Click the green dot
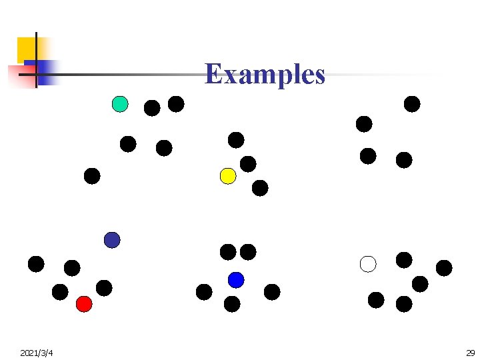(120, 104)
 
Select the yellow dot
(228, 176)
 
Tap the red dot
(84, 304)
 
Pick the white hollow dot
(368, 264)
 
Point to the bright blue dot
(236, 280)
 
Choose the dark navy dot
(112, 240)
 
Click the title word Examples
(265, 74)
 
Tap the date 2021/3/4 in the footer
(37, 352)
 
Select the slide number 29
(469, 352)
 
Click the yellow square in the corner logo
(27, 48)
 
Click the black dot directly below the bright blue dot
(232, 304)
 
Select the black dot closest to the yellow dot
(248, 164)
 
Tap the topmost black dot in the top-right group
(412, 104)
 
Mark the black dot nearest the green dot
(152, 108)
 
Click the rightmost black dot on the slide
(444, 268)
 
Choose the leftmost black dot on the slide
(36, 264)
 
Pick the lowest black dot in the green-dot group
(92, 176)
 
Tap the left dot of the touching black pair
(228, 252)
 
